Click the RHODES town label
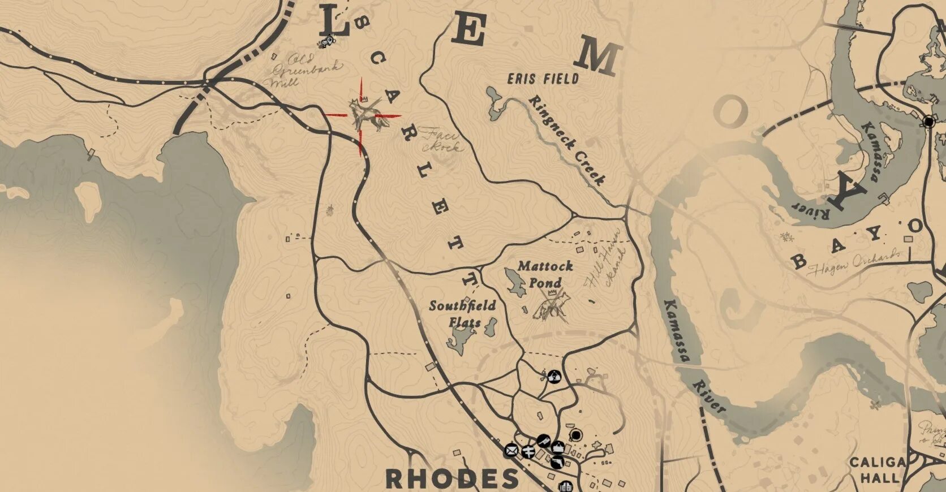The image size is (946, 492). [x=451, y=478]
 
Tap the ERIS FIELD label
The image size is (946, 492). [x=543, y=78]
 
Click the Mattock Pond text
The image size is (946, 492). [x=545, y=274]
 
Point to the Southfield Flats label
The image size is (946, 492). [x=462, y=314]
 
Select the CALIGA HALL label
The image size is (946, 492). [x=879, y=470]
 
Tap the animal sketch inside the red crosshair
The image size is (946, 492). [x=362, y=115]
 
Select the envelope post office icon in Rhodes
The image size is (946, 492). [x=511, y=451]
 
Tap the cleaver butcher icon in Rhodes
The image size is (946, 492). [x=543, y=440]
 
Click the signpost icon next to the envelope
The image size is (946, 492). [x=529, y=451]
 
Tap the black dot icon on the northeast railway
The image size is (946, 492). [x=928, y=121]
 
